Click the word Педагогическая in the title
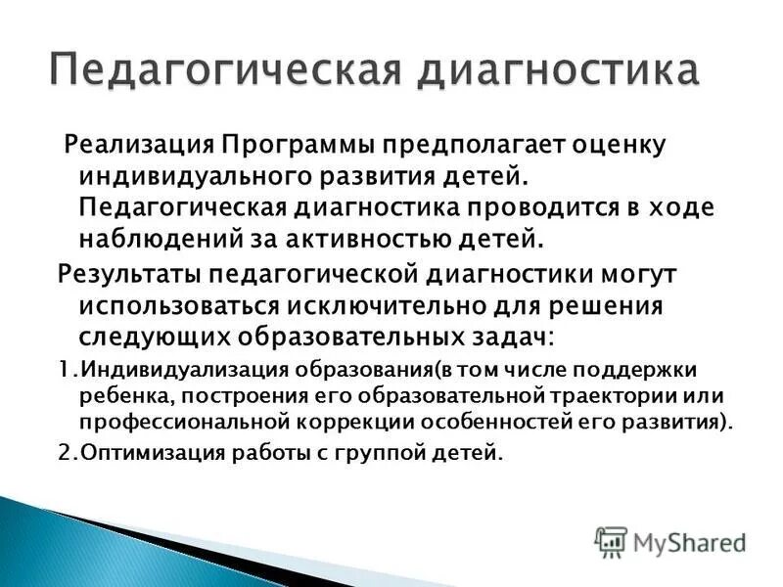tap(207, 72)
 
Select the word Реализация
tap(138, 146)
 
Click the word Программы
tap(295, 146)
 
